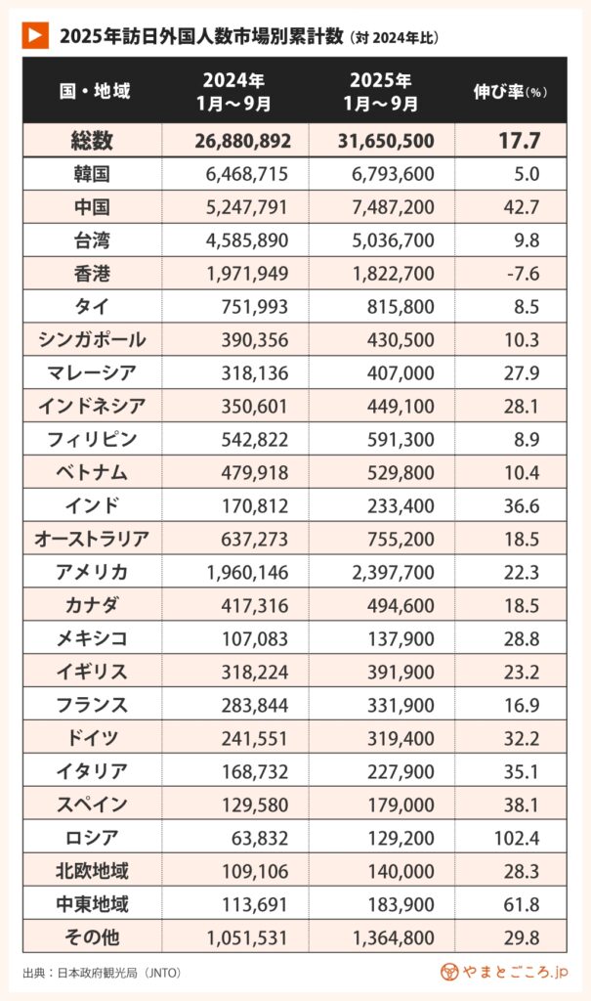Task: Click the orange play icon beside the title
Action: click(x=34, y=36)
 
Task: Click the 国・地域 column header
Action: click(x=94, y=91)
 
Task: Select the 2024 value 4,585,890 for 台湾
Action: click(x=247, y=240)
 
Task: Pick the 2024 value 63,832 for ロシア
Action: click(x=258, y=838)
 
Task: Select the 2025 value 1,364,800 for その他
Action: click(x=391, y=937)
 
